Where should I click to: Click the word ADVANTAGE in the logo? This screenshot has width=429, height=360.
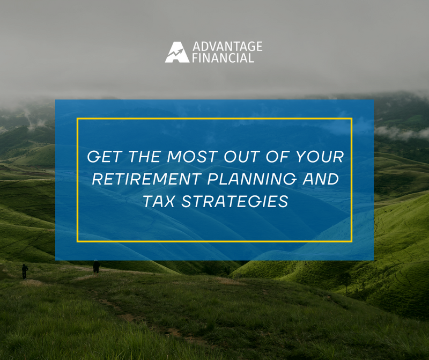tap(227, 46)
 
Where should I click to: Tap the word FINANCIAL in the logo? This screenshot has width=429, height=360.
tap(223, 58)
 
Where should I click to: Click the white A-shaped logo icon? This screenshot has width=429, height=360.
tap(177, 52)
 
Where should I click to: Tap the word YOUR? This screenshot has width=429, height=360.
tap(320, 157)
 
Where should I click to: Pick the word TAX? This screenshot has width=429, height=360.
tap(158, 202)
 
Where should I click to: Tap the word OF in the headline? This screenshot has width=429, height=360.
tap(280, 157)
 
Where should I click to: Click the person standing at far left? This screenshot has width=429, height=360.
tap(25, 271)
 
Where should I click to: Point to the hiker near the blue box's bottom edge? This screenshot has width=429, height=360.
tap(96, 266)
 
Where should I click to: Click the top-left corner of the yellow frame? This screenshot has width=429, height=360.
tap(78, 119)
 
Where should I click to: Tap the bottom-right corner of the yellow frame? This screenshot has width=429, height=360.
tap(351, 241)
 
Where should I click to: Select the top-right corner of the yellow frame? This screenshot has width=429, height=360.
tap(351, 119)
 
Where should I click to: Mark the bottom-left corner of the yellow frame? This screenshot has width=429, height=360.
tap(78, 241)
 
